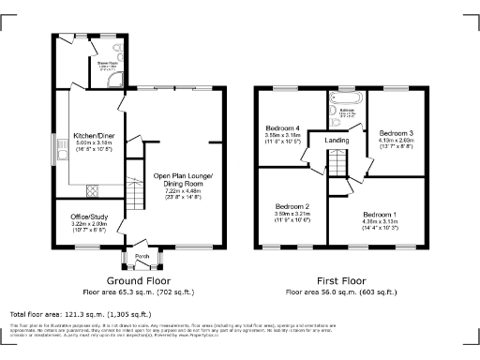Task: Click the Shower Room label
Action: pyautogui.click(x=106, y=64)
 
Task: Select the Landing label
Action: pyautogui.click(x=337, y=142)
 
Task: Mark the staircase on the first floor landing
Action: pyautogui.click(x=337, y=167)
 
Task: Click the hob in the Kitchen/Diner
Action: pyautogui.click(x=93, y=189)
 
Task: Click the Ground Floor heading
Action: pyautogui.click(x=137, y=279)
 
